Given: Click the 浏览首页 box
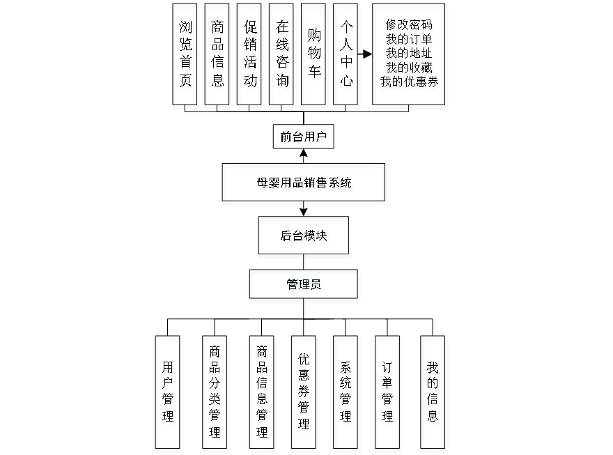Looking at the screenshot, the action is click(x=185, y=56).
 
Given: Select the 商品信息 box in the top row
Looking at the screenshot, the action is click(x=218, y=56).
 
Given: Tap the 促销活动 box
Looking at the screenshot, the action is click(x=250, y=56).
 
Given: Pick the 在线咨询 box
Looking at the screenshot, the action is click(x=282, y=56).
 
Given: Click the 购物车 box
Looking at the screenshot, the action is click(x=313, y=56).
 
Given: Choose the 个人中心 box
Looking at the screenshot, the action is click(x=347, y=56).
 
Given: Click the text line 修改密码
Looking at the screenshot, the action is click(x=410, y=26).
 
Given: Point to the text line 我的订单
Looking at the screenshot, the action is click(x=410, y=40).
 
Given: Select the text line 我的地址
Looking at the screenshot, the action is click(x=410, y=54).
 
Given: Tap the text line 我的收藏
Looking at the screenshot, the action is click(x=410, y=68).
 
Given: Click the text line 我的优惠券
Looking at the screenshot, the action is click(x=410, y=83).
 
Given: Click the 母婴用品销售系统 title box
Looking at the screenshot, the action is click(x=304, y=185).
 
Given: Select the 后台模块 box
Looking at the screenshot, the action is click(x=304, y=238).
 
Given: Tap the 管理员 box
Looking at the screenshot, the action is click(x=304, y=286).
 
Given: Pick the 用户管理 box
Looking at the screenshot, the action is click(x=169, y=394).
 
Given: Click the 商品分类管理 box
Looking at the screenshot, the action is click(x=215, y=394).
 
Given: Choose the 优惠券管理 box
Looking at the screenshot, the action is click(x=304, y=394).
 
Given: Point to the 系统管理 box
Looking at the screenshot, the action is click(x=347, y=394).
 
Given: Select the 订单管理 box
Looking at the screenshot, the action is click(x=388, y=394).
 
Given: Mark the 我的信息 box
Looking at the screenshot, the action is click(x=433, y=394).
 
